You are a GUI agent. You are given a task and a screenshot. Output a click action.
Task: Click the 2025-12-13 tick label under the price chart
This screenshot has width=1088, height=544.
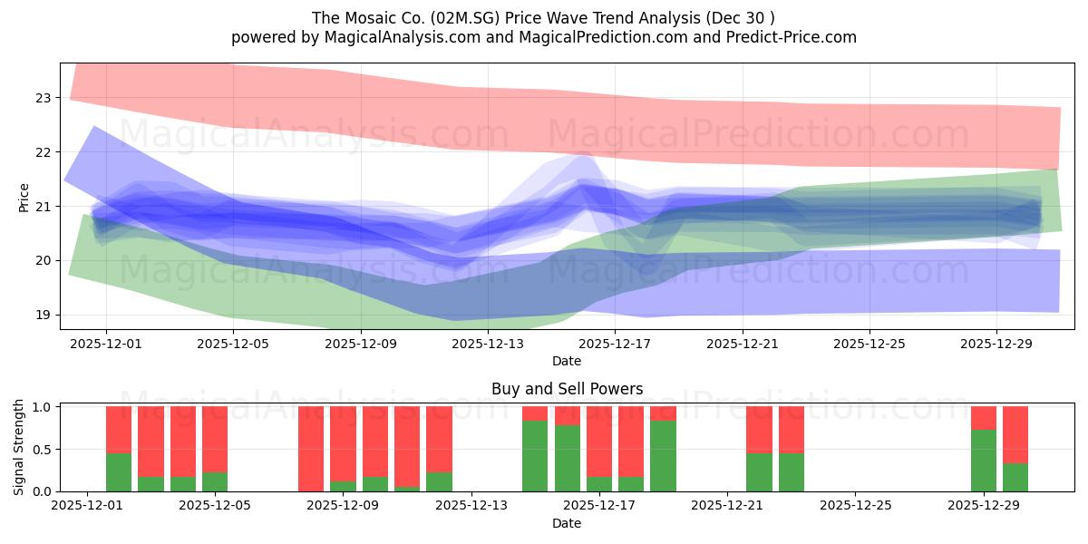(488, 344)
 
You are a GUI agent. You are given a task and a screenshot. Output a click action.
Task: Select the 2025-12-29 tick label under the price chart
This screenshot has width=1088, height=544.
(996, 344)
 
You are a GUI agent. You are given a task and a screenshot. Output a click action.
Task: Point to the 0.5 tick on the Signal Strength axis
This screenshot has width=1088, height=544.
(42, 449)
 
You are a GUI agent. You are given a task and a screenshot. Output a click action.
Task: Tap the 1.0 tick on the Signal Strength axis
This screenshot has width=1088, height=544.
(42, 407)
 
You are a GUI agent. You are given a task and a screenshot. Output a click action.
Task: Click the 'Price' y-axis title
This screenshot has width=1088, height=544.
(24, 198)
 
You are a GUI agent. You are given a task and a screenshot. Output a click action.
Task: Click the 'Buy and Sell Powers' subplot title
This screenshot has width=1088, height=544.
(567, 389)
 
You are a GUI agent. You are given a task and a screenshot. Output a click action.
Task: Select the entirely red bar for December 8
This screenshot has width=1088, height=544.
(311, 449)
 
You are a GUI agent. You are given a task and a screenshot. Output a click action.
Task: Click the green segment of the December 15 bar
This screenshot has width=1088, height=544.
(535, 456)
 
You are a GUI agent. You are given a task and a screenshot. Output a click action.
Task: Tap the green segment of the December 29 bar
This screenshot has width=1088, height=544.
(984, 461)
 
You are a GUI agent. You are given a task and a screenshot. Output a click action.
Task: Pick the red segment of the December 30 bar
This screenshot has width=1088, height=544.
(1015, 434)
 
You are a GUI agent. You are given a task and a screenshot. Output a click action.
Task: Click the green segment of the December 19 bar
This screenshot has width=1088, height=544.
(663, 456)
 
